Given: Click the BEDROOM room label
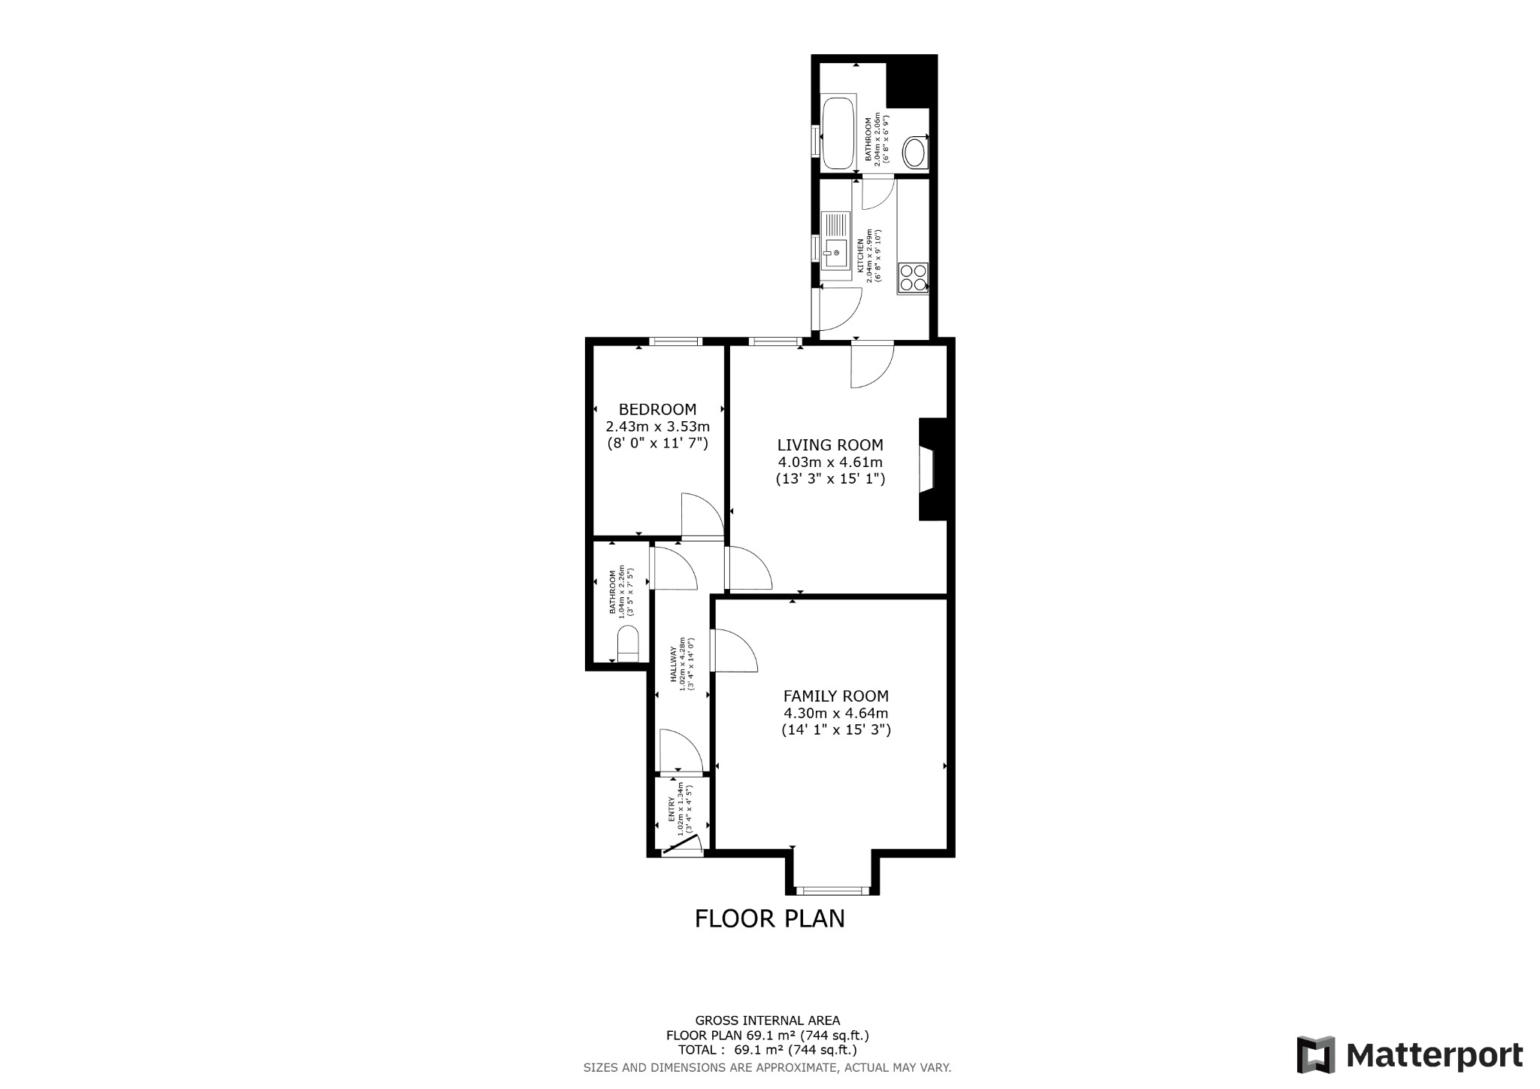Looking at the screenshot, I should point(657,410).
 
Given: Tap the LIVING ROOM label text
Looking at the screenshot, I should point(830,445).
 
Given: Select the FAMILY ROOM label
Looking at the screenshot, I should point(835,696).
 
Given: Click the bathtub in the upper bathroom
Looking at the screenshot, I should point(838,134).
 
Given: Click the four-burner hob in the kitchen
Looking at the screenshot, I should point(913,278).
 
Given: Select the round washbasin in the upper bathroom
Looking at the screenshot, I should point(914,153).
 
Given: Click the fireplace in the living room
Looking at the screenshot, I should point(932,469).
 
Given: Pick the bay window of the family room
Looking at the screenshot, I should point(832,891).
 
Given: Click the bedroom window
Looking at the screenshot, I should point(675,341).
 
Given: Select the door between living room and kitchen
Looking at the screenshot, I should point(872,364).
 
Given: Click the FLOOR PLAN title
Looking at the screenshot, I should point(769,919).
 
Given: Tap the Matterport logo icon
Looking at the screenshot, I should point(1316,1055).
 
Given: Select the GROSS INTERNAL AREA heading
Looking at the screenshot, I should point(767,1021).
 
